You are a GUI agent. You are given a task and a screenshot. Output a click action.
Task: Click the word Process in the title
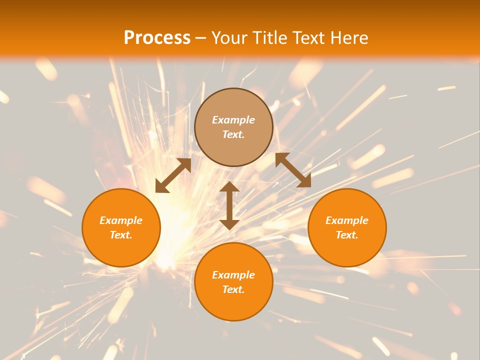coord(157,38)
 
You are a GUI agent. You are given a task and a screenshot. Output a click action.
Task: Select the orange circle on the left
coord(121,250)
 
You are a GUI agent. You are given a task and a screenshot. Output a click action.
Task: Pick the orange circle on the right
coord(347,250)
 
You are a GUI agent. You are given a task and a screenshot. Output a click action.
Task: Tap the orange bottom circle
coord(233,304)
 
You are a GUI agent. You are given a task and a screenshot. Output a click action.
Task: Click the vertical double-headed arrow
coord(229,205)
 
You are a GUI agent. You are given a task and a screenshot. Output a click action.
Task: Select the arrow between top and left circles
coord(173,175)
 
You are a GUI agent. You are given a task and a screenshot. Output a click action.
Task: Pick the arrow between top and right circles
coord(293,170)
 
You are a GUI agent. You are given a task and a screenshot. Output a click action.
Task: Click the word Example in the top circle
coord(233,120)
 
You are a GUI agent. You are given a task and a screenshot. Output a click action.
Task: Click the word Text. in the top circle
coord(233,134)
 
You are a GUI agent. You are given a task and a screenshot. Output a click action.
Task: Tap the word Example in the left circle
coord(121,220)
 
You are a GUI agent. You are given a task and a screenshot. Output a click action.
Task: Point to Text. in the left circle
coord(121,235)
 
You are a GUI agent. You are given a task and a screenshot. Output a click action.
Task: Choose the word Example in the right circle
coord(347,220)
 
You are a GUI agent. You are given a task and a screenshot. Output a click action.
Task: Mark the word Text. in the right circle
coord(347,235)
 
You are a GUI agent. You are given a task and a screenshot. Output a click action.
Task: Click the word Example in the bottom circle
coord(233,275)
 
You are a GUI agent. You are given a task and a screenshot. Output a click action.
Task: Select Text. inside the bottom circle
coord(233,289)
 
